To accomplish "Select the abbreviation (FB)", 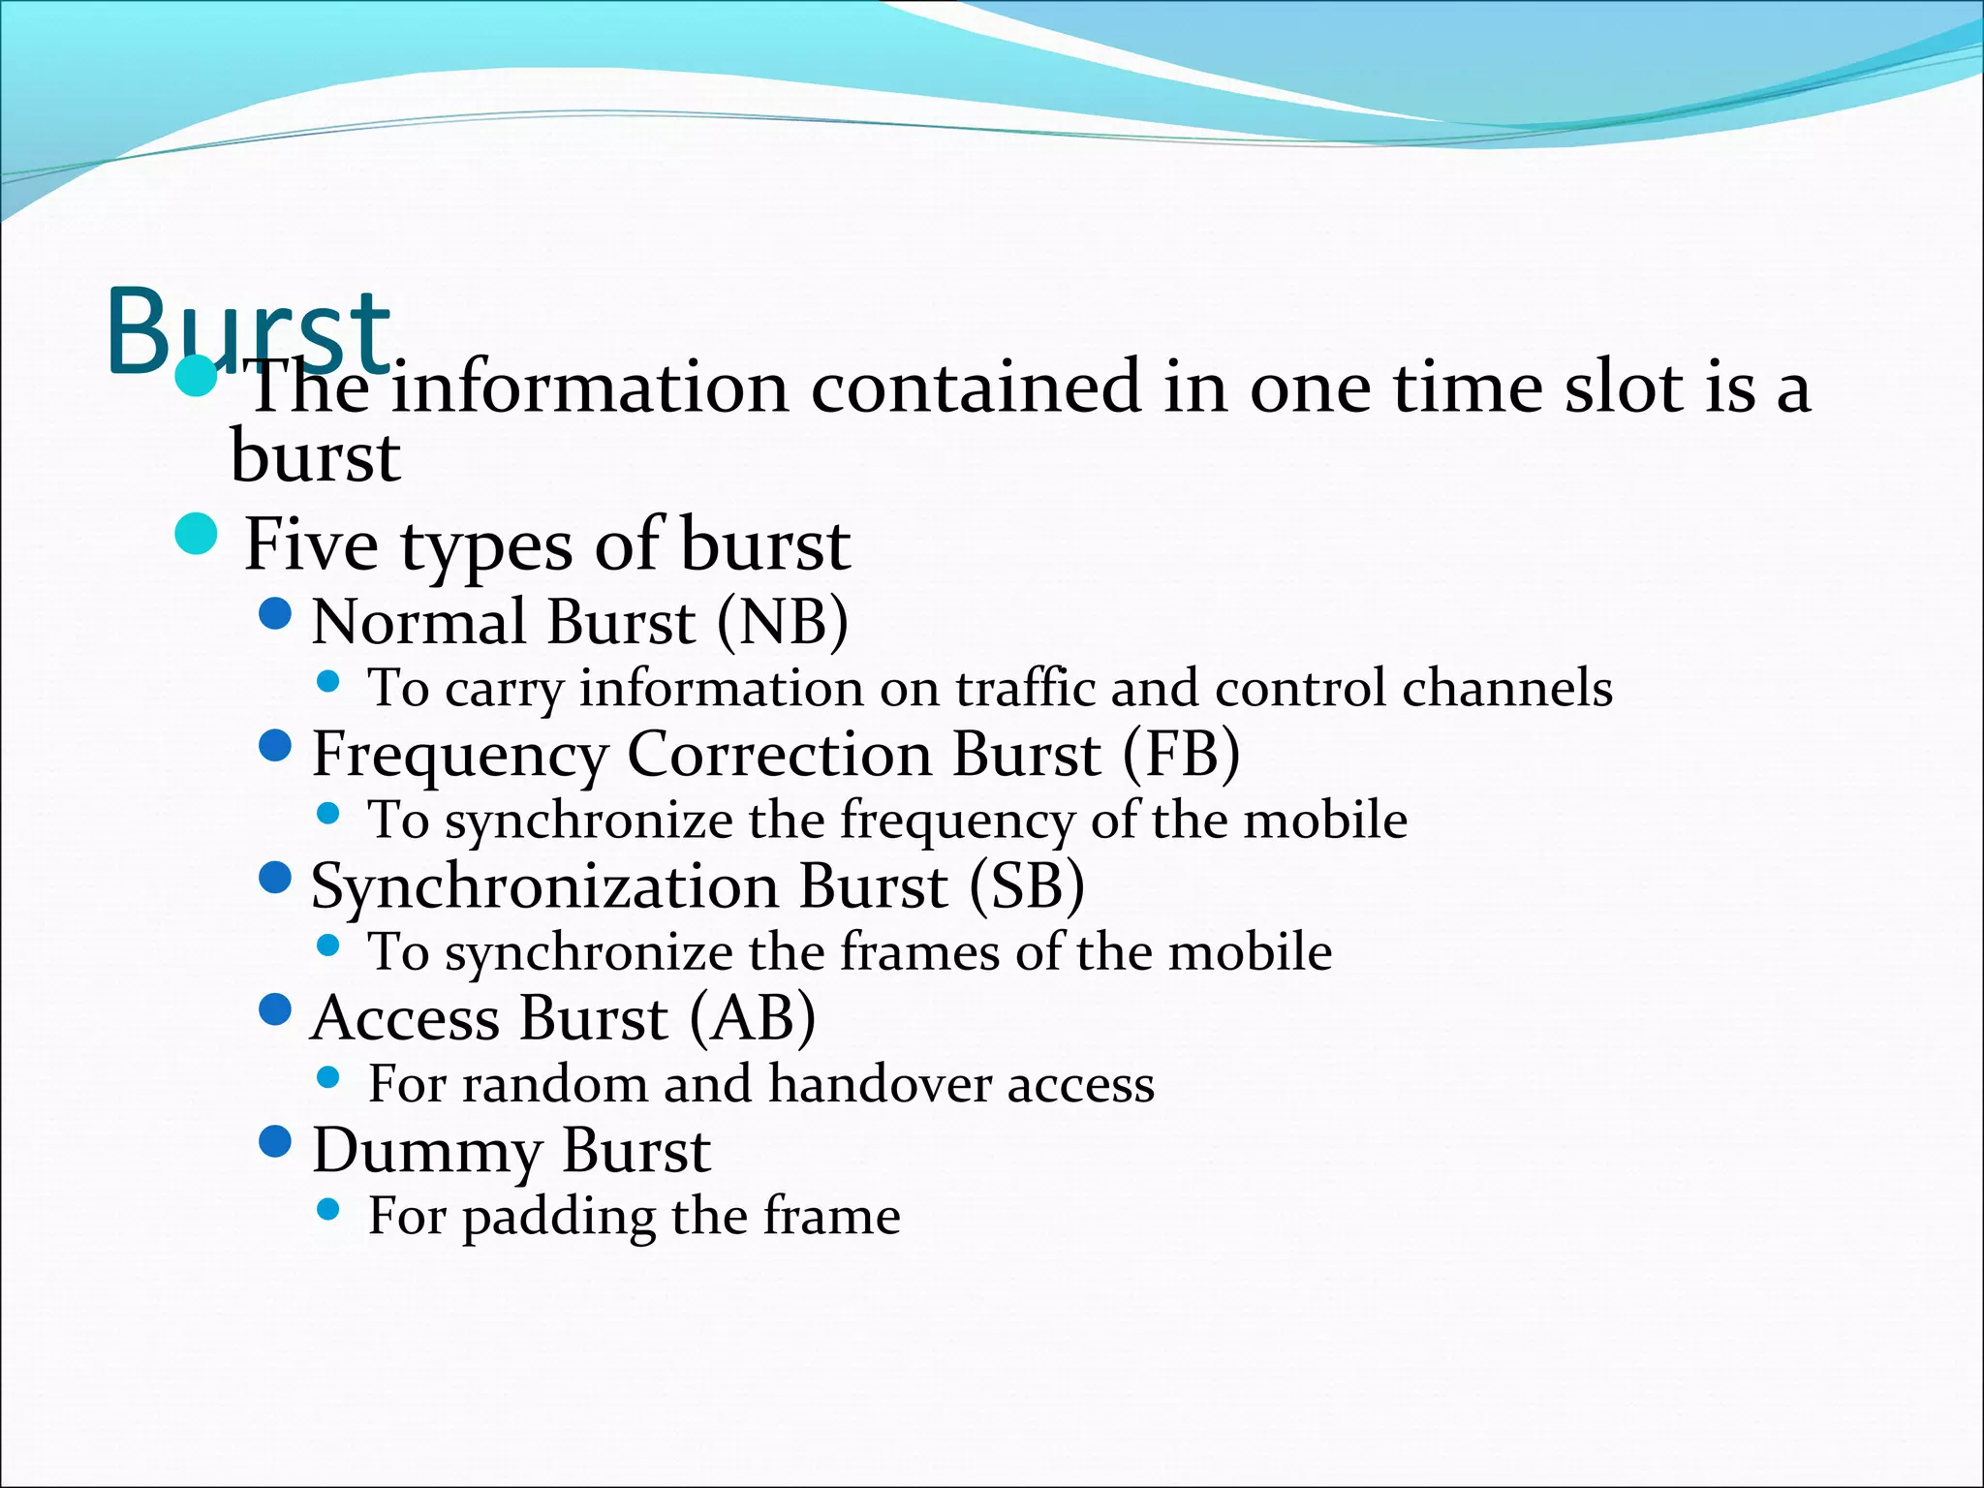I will click(1181, 754).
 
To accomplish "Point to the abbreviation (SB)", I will click(1026, 885).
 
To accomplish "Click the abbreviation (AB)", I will click(753, 1018).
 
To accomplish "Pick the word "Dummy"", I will click(426, 1152).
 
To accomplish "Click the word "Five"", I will click(311, 544).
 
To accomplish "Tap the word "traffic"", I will click(1024, 688).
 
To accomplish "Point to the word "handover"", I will click(880, 1083).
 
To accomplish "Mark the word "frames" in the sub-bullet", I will click(918, 951).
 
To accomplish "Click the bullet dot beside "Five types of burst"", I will click(198, 535).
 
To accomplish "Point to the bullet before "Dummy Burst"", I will click(276, 1141).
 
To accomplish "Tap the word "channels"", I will click(1507, 688).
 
